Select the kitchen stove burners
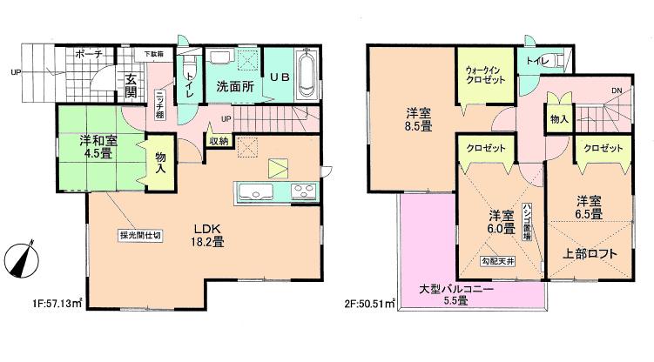click(304, 191)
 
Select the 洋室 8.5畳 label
click(416, 118)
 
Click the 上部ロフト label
click(592, 254)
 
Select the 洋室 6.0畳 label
click(499, 222)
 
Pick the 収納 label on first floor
click(219, 140)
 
